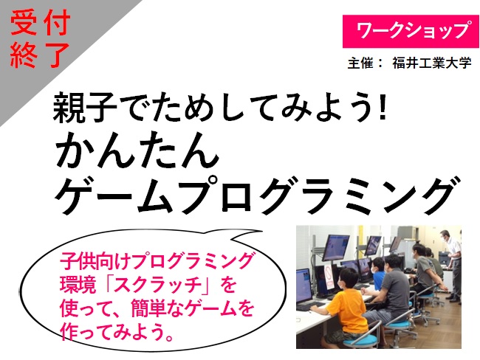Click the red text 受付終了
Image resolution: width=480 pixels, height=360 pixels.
pos(40,39)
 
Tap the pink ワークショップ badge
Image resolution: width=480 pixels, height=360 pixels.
pos(411,32)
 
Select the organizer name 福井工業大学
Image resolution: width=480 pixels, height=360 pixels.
pos(432,63)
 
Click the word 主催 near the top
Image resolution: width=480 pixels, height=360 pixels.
pos(360,63)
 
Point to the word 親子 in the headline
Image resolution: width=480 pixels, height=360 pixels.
pos(85,107)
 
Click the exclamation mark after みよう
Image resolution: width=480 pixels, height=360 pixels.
pos(382,108)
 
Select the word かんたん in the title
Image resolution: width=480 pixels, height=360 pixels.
pos(137,150)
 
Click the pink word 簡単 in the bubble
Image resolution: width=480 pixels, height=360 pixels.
pos(149,308)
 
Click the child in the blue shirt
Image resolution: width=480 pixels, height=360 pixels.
pos(378,273)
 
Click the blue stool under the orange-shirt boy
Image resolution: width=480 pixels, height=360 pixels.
pos(360,340)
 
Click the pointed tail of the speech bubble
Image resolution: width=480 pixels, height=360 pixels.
pos(261,231)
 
